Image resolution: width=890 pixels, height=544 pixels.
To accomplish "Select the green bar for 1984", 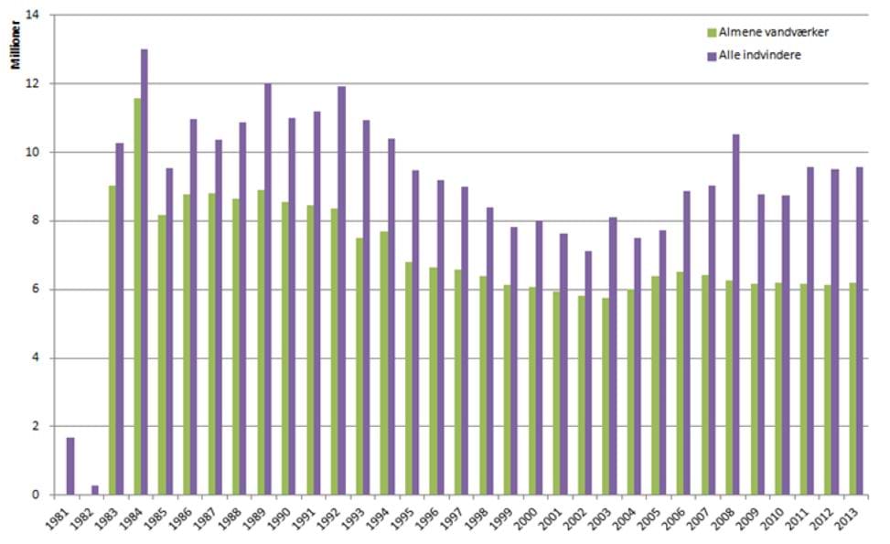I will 137,296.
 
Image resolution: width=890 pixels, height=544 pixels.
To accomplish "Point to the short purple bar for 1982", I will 95,490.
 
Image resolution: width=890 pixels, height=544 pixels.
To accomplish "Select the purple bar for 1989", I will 268,289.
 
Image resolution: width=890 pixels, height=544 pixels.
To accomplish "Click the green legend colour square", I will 711,33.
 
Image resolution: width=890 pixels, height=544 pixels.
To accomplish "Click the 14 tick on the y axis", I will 35,16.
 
